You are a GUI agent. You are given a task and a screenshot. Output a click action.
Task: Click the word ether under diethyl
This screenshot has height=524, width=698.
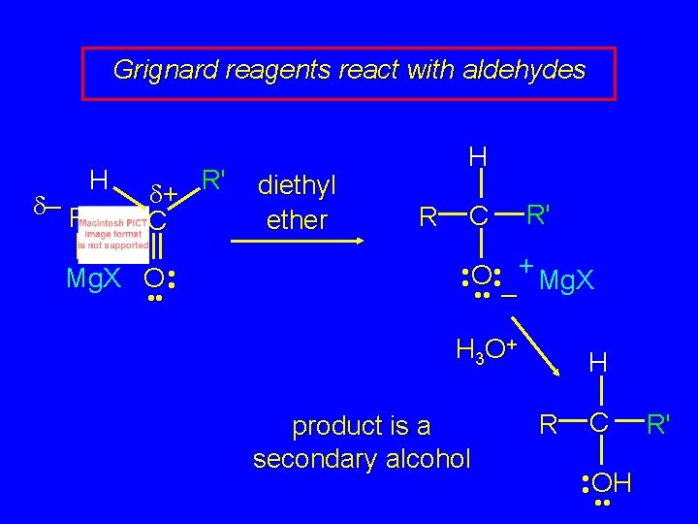coord(297,220)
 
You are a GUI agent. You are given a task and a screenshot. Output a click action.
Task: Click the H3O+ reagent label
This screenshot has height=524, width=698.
coord(486,348)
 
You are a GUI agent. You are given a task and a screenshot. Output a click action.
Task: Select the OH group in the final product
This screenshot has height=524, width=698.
coord(611,480)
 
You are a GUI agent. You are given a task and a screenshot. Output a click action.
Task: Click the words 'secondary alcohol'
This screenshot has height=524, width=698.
coord(361,458)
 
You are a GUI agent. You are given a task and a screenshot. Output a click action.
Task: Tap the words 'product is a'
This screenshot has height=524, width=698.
coord(361,426)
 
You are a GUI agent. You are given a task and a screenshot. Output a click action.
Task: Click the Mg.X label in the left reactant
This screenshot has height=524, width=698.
coord(94,279)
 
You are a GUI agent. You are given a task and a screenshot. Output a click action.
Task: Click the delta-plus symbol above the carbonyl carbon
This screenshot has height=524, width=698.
coord(162,195)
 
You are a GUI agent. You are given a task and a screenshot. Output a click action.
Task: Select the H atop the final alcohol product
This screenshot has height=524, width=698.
coord(599,363)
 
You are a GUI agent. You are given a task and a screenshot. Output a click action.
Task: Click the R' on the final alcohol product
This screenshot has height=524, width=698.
coord(659,423)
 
